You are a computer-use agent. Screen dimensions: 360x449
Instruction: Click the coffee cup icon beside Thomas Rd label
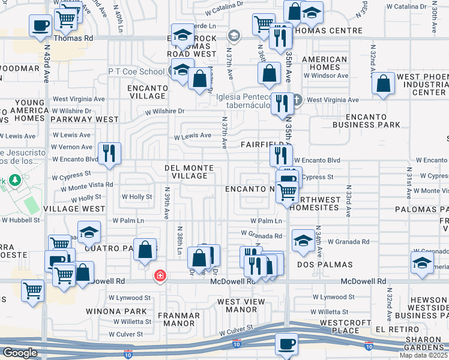point(41,26)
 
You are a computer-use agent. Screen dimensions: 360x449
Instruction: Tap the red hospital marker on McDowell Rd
point(160,276)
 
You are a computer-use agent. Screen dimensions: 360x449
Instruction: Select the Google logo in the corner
point(19,353)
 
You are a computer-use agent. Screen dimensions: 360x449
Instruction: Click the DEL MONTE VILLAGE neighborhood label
point(186,172)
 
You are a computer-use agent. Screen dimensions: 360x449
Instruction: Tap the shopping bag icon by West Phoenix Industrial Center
point(383,84)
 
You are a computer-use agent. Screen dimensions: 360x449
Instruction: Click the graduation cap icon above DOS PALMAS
point(303,241)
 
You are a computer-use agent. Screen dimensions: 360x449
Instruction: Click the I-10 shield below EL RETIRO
point(368,346)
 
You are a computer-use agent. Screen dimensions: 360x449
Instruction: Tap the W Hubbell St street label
point(20,220)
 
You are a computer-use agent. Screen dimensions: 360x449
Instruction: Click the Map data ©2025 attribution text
point(423,355)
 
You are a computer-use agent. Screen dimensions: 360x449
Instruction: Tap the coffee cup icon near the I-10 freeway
point(286,344)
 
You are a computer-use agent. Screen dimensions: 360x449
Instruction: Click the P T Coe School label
point(136,71)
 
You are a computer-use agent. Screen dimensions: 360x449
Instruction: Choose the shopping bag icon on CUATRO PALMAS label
point(145,250)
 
